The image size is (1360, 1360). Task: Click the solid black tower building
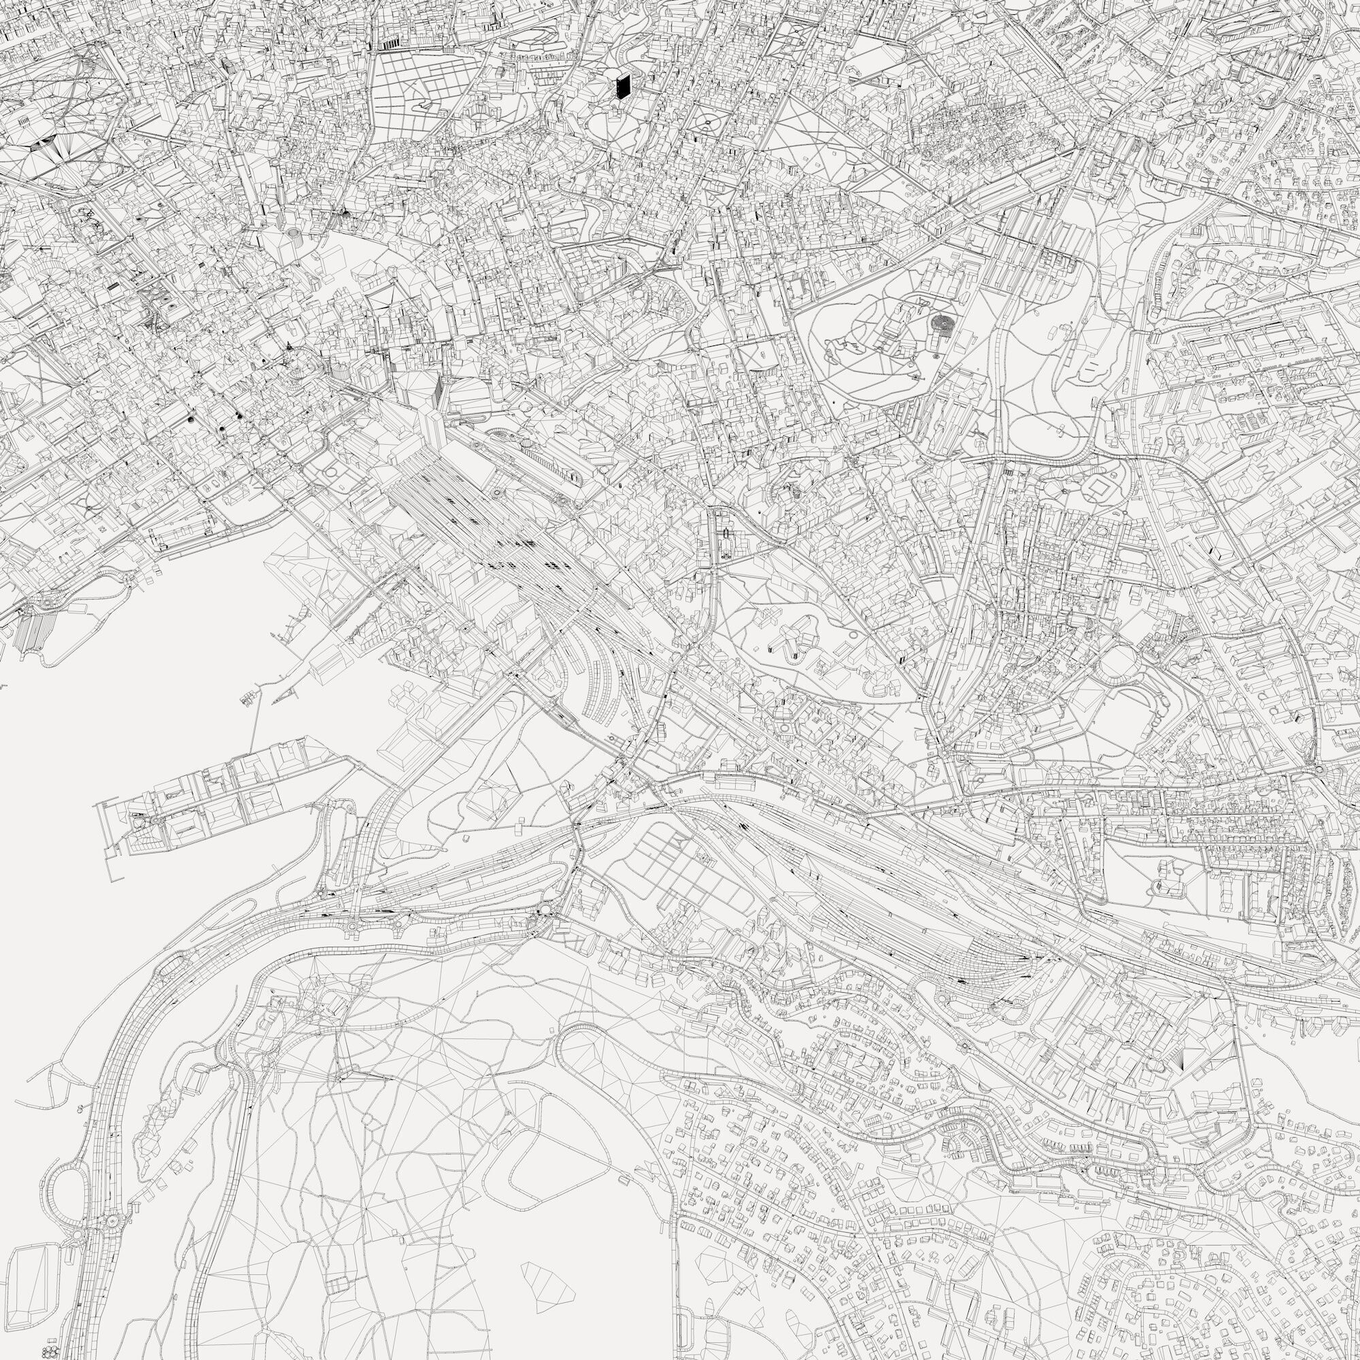point(622,86)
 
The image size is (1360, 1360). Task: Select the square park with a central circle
point(705,125)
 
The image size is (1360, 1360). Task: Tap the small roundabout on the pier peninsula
point(139,820)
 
